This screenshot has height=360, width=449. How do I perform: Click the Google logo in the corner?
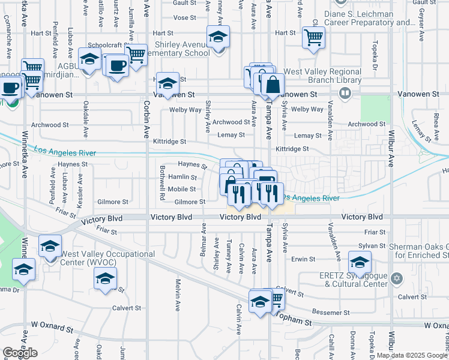(20, 353)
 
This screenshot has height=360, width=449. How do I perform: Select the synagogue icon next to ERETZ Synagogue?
(396, 278)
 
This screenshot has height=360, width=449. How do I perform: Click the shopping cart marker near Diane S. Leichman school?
(313, 37)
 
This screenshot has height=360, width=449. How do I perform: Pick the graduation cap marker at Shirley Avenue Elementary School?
(218, 37)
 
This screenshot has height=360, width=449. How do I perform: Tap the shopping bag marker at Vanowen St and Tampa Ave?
(273, 85)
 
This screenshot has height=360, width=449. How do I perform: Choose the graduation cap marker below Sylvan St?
(360, 262)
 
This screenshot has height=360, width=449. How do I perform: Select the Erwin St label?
(303, 259)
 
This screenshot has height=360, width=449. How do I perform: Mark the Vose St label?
(184, 18)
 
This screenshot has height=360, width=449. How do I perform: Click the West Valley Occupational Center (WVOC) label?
(107, 258)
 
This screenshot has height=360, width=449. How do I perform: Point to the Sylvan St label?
(372, 246)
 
